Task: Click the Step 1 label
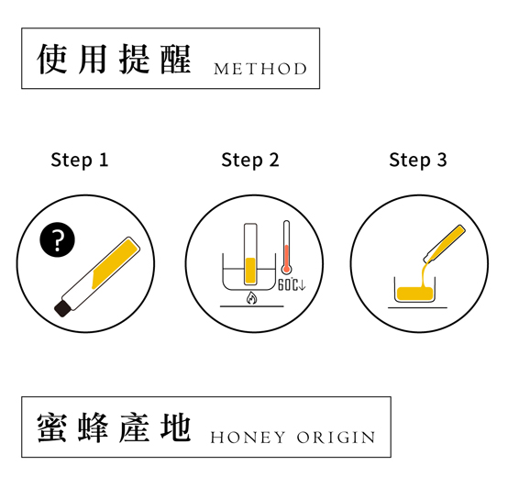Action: (80, 161)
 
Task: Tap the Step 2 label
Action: (249, 161)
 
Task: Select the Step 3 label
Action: (418, 161)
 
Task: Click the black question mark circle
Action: (58, 239)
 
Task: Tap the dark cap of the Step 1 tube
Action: (61, 308)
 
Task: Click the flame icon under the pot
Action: (251, 298)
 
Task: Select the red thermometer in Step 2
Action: (286, 248)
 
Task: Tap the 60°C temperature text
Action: (292, 284)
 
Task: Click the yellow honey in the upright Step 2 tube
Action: (250, 271)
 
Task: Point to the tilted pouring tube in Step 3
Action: (444, 243)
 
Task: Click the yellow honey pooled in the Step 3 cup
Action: (414, 294)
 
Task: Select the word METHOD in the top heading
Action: (260, 69)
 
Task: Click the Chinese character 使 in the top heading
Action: (52, 59)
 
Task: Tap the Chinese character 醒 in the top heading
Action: (176, 59)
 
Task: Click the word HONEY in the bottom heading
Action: (248, 438)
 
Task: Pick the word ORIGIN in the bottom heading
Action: (336, 438)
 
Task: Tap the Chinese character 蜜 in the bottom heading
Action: (52, 427)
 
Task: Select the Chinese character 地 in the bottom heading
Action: (176, 427)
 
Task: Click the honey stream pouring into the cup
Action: (425, 272)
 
